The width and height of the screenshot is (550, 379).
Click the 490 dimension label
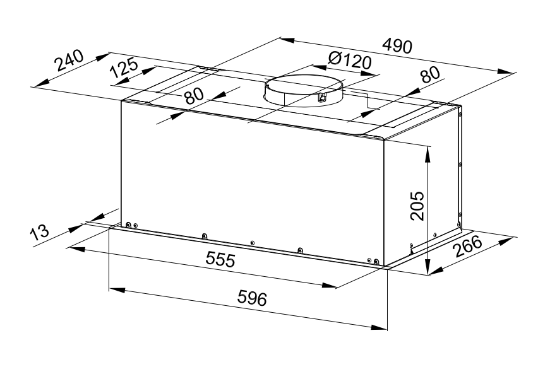(397, 46)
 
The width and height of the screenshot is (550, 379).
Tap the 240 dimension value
(69, 61)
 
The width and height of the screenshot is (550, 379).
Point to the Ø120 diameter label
(349, 61)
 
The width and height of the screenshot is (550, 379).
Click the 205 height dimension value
(417, 206)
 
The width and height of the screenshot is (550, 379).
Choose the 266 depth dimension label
(467, 247)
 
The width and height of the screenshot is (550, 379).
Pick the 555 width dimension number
(220, 260)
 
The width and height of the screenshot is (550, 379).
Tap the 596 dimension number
(252, 298)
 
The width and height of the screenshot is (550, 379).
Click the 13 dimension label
(39, 232)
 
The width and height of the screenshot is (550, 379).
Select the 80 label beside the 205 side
(430, 74)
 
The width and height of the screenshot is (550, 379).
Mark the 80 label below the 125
(194, 96)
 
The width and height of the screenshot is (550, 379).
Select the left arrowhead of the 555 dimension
(76, 249)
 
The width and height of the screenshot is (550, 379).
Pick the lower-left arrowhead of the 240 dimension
(40, 83)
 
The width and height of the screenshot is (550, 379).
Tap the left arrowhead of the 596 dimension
(117, 290)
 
